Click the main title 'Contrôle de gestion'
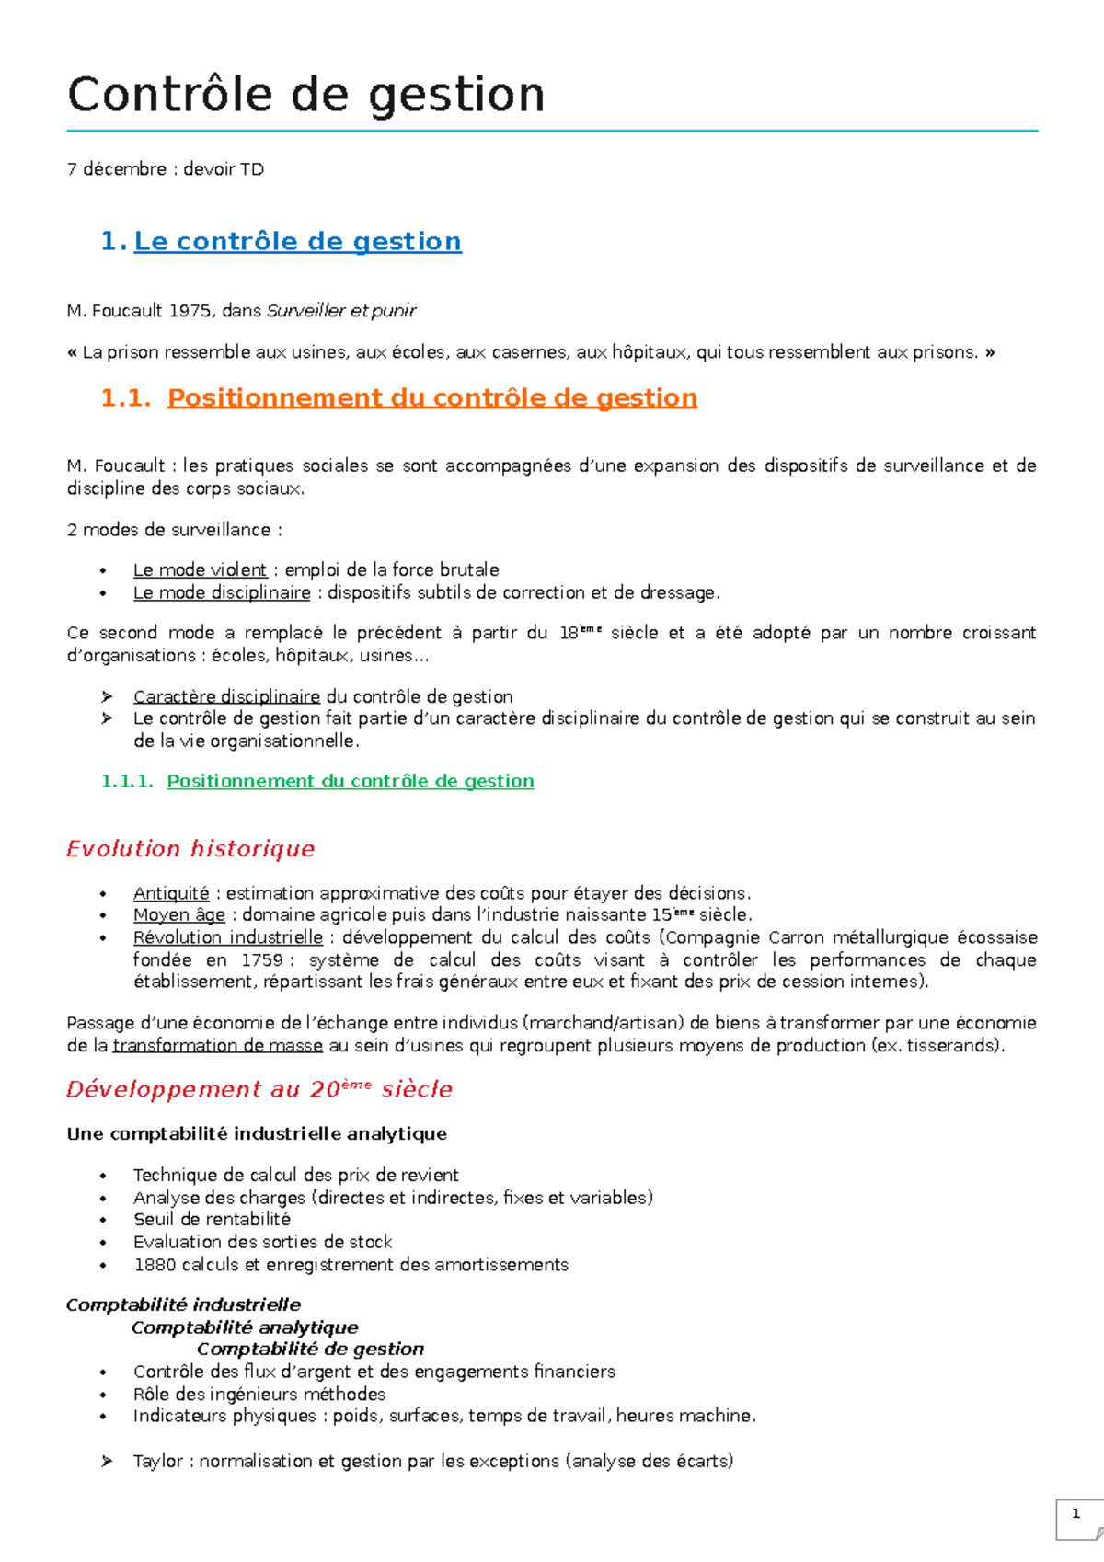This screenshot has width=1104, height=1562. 306,95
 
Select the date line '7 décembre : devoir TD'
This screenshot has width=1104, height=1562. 165,169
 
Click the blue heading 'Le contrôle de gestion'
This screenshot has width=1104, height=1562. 297,241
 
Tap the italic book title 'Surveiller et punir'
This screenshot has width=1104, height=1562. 340,311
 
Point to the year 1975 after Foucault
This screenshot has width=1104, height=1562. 190,311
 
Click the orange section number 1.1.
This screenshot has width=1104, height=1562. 125,397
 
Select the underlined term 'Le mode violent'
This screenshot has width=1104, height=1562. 200,570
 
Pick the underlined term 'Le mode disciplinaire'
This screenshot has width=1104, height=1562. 222,593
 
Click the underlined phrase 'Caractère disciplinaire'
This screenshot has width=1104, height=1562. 226,697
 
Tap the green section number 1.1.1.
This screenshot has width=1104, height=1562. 127,781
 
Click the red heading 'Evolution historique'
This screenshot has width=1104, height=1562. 190,848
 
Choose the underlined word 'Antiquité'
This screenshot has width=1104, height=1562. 171,893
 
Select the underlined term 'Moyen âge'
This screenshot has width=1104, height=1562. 179,915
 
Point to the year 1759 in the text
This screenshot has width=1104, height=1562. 261,960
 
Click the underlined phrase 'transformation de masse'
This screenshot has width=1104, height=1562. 217,1046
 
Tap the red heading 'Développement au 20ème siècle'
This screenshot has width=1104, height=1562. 259,1089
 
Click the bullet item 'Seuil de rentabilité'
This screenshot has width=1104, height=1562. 212,1220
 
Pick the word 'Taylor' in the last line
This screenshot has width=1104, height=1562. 157,1461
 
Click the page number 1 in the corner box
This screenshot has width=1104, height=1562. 1075,1513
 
